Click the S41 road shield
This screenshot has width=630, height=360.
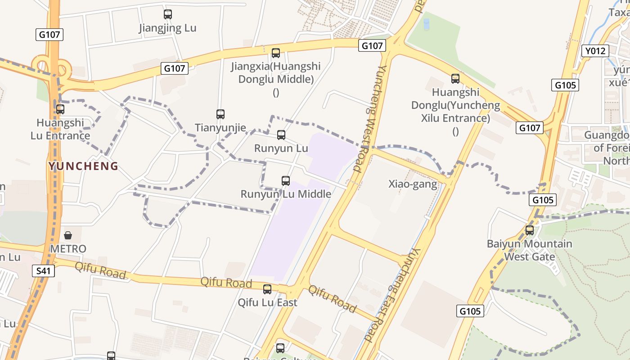(44, 270)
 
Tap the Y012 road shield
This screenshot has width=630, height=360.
(595, 51)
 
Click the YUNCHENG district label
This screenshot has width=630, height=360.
(83, 166)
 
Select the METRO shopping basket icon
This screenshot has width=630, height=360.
(68, 235)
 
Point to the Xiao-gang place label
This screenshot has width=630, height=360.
(413, 184)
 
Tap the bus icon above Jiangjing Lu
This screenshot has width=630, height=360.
(168, 14)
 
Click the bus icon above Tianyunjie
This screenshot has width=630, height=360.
(220, 114)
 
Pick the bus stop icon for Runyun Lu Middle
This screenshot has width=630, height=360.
(286, 181)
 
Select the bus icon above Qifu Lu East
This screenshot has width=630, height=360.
(267, 289)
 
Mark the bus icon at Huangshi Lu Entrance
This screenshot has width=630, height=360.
(60, 109)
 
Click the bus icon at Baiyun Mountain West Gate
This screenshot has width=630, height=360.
(530, 230)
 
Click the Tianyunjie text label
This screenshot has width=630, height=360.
(220, 128)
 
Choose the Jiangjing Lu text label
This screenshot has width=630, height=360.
(167, 28)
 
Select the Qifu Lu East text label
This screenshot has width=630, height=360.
(267, 302)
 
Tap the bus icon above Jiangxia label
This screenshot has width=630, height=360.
(276, 53)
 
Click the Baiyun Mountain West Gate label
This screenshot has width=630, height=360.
(530, 250)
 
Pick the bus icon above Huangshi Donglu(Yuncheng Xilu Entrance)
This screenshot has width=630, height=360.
(455, 79)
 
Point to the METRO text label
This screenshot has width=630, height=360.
(68, 249)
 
